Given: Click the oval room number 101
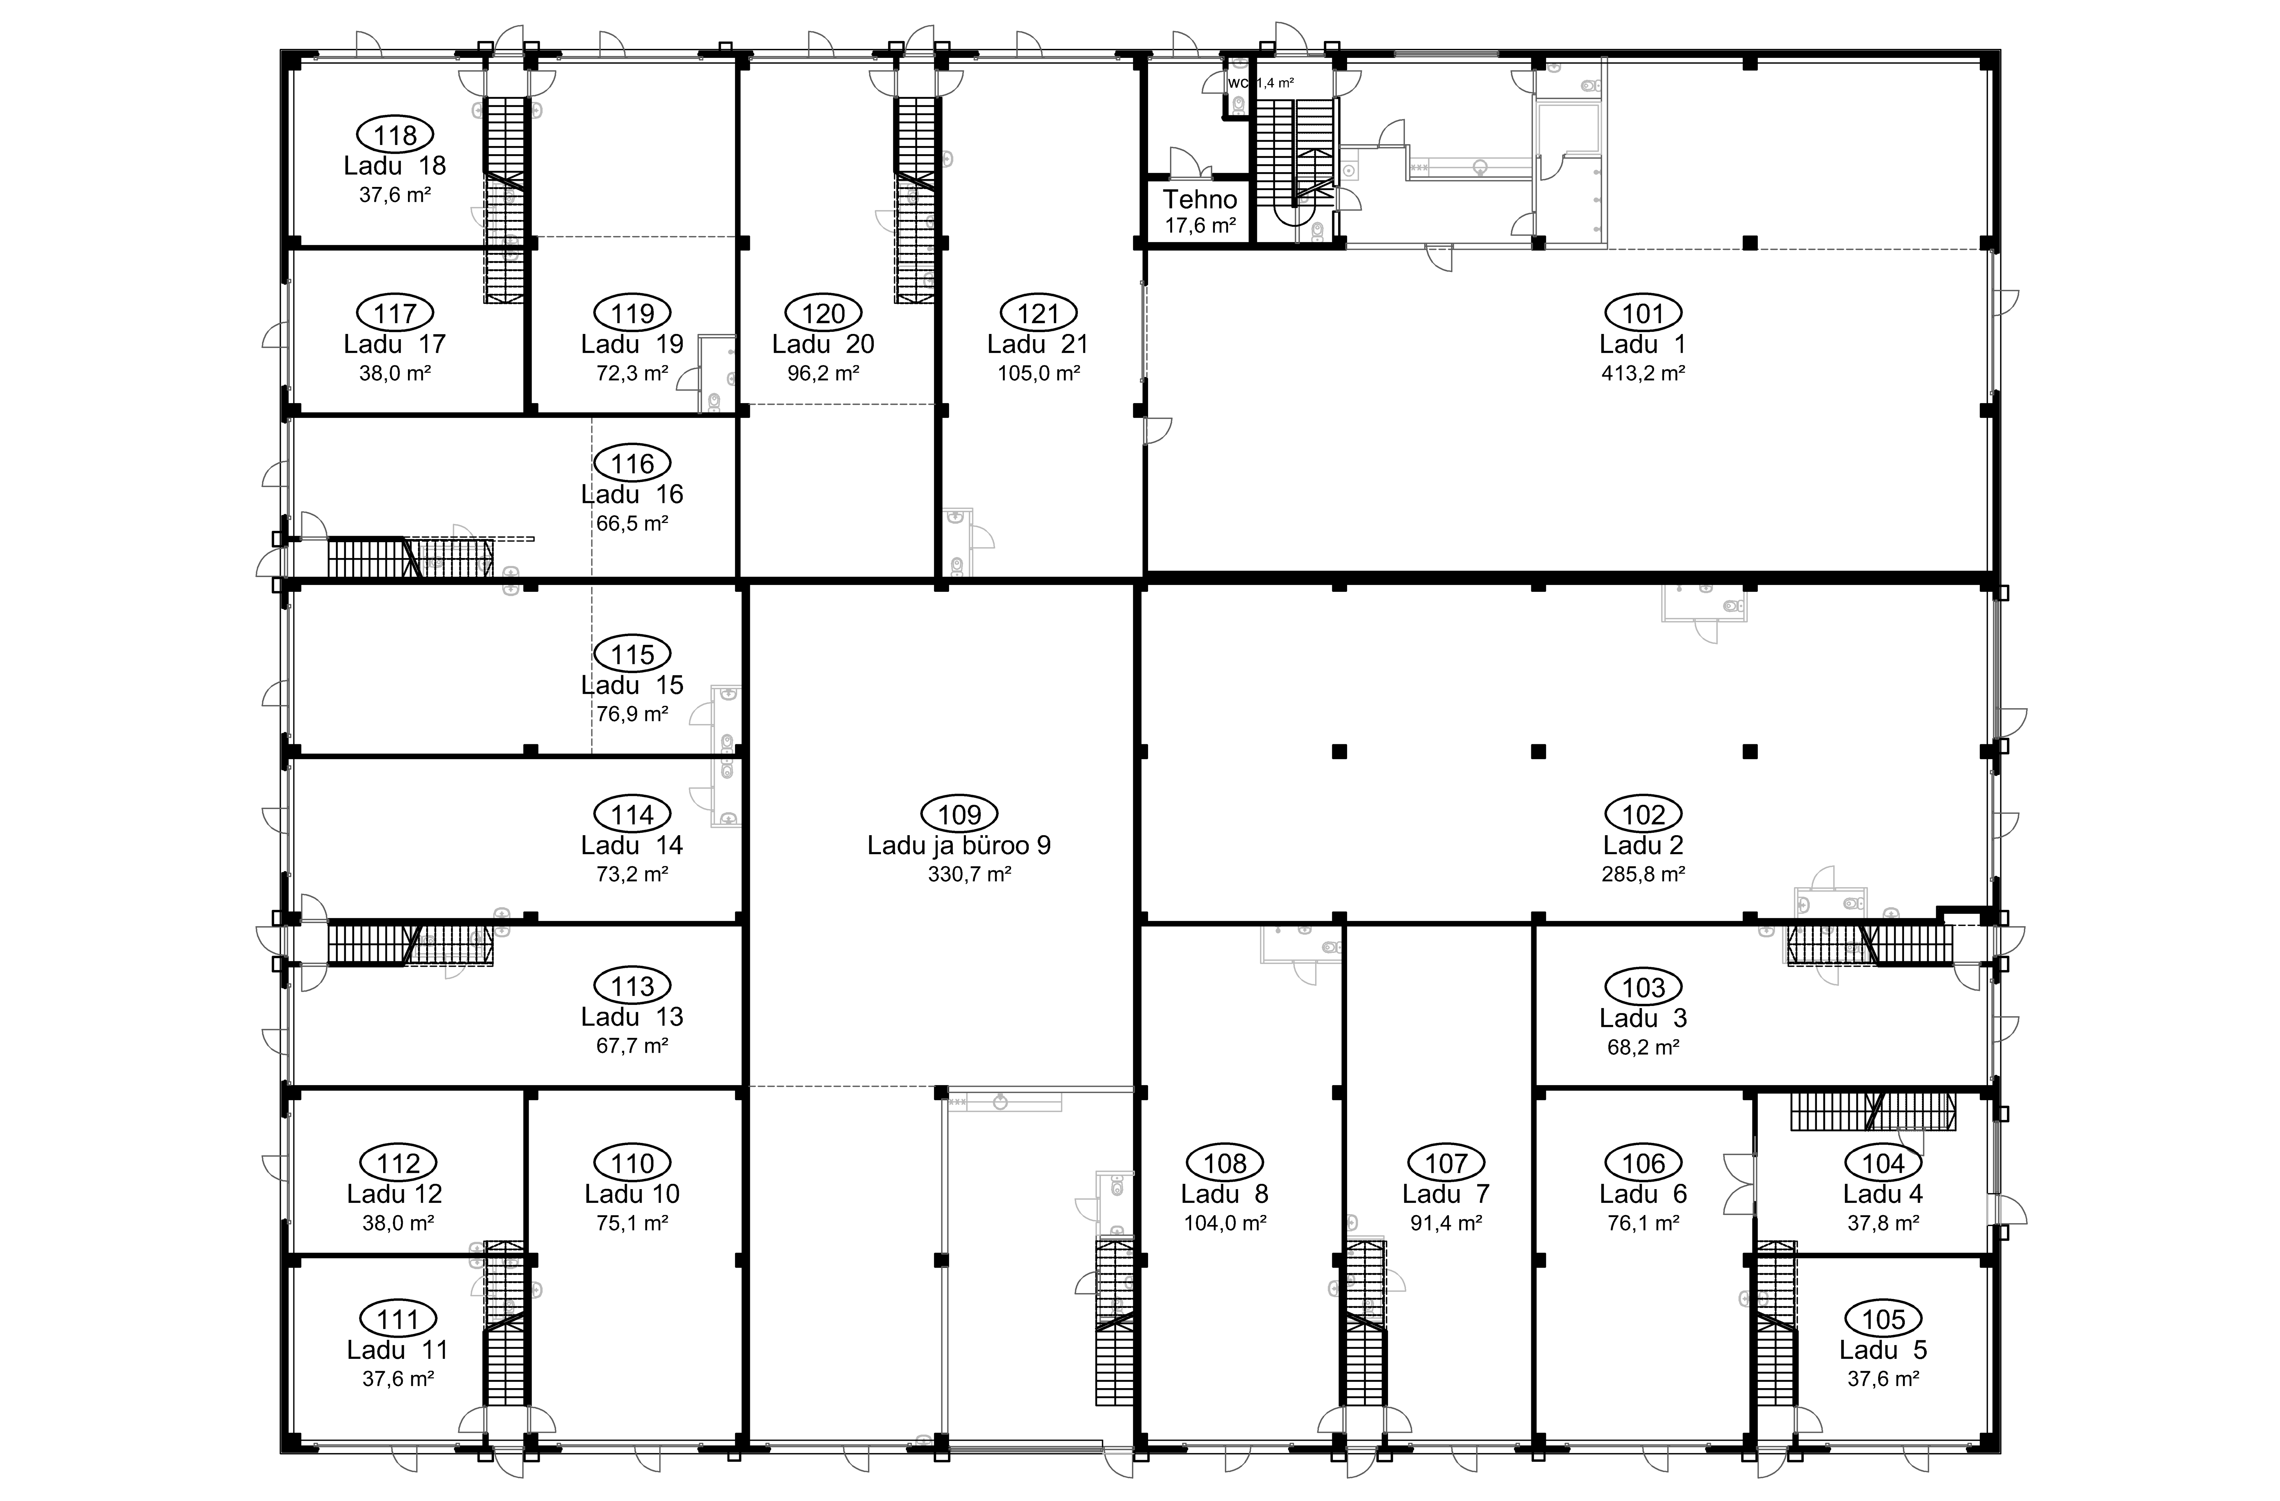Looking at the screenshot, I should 1643,313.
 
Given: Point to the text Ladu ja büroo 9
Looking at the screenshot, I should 959,845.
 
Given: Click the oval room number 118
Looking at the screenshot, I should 395,135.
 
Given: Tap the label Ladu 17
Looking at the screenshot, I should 395,344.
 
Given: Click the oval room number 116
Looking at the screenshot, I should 632,464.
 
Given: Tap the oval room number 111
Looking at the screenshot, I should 398,1319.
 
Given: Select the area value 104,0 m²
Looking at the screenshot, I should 1225,1223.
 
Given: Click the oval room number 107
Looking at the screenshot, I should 1446,1164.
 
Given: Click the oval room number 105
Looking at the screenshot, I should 1882,1319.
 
